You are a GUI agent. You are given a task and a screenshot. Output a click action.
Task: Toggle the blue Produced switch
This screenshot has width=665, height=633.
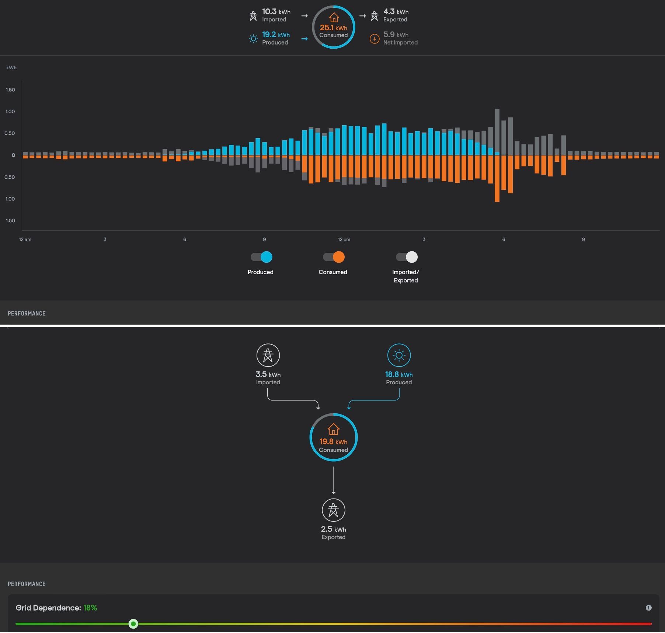[261, 257]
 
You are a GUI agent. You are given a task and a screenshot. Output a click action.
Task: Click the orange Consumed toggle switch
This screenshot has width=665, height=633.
[334, 257]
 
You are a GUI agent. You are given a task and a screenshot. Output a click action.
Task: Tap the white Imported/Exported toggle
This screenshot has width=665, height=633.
[407, 257]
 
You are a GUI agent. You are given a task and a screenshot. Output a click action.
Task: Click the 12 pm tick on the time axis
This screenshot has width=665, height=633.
[344, 239]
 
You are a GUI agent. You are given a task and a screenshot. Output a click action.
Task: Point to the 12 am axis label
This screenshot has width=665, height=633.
[25, 239]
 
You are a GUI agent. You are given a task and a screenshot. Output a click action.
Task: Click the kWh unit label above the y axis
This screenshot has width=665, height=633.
[11, 67]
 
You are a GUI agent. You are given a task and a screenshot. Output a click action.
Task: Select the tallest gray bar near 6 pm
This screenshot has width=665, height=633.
[497, 132]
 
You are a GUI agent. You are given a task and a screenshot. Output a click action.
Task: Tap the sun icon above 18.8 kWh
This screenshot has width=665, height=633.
[399, 355]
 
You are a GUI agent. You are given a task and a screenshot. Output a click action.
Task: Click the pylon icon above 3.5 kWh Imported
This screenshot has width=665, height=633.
[268, 355]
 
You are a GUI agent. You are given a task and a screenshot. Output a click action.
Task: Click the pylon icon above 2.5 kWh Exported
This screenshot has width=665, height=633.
[333, 510]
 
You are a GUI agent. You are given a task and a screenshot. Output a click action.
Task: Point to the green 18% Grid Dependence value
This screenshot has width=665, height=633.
[90, 608]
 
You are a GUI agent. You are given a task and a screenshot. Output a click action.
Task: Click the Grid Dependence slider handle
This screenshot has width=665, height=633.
[133, 624]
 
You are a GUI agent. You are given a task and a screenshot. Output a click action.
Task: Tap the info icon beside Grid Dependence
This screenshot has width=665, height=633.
[648, 608]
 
